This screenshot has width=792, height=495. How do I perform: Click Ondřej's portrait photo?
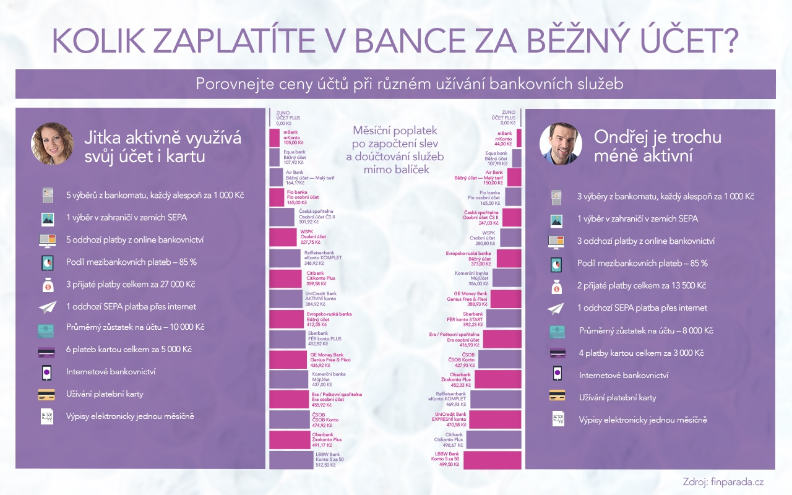coord(561,144)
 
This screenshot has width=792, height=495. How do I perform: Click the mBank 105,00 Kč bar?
coord(275,137)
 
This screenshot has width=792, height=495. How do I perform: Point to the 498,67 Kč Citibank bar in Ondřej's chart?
coord(494,440)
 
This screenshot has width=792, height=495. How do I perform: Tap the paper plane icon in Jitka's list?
coord(46,307)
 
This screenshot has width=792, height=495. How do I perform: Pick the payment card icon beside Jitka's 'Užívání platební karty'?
coord(46,394)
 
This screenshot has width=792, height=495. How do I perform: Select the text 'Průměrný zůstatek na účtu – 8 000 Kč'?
coord(646,331)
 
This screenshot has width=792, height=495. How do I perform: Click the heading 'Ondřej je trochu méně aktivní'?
coord(657,146)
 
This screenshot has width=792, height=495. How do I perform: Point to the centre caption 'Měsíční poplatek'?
coord(395,131)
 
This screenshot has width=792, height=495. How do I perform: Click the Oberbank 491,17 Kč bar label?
coord(327,439)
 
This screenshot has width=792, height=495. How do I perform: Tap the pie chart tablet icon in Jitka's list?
coord(46,262)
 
